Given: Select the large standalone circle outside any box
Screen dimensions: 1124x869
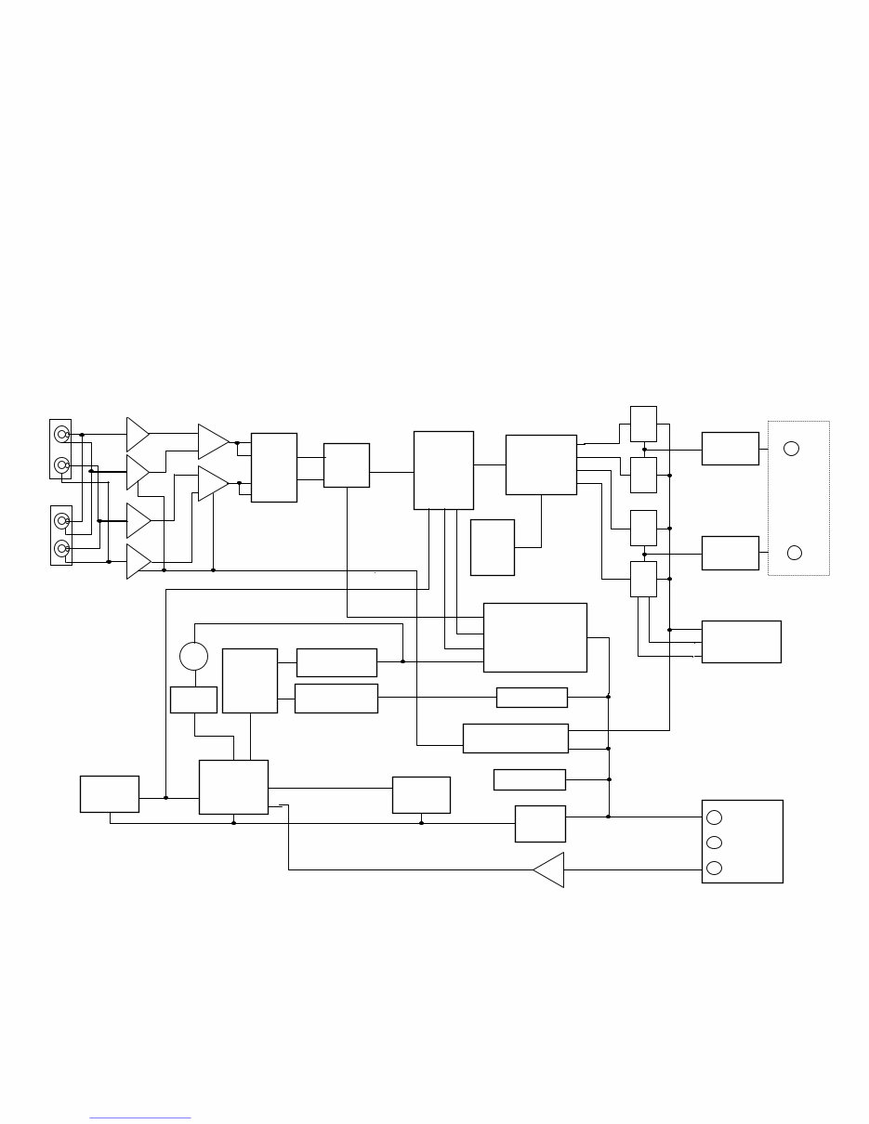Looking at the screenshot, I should (x=193, y=656).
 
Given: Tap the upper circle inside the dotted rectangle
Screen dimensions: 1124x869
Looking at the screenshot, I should (x=791, y=449).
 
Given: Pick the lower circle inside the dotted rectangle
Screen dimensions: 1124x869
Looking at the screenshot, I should (x=794, y=553).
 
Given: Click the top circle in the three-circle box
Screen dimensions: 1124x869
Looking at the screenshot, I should (x=714, y=817).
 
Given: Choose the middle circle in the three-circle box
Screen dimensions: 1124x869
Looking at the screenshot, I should (x=714, y=843).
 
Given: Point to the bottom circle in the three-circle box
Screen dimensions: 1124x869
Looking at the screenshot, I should (x=714, y=868).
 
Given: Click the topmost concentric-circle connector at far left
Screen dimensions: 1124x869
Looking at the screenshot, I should (x=61, y=434).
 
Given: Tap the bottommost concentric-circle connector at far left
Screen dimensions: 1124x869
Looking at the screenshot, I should (x=61, y=549).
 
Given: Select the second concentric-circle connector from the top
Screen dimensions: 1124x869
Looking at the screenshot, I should (x=61, y=464).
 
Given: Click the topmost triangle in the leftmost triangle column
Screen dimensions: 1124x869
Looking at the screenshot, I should (x=138, y=433).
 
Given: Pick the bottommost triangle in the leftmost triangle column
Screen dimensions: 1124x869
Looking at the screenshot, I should (x=138, y=560).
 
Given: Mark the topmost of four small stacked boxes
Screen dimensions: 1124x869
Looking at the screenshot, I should (x=643, y=424).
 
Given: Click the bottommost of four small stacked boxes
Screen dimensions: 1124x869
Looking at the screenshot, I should (x=643, y=579).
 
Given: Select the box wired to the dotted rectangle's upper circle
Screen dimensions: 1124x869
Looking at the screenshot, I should (x=731, y=449).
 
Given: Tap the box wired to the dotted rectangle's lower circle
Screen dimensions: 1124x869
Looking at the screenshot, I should (x=731, y=553).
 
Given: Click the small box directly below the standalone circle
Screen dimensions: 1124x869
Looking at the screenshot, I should (x=193, y=699).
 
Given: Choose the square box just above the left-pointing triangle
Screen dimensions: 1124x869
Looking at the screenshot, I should (x=540, y=824).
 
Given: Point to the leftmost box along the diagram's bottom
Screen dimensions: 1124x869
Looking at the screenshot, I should (x=110, y=794).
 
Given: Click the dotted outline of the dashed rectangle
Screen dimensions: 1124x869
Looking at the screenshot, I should (x=768, y=498).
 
